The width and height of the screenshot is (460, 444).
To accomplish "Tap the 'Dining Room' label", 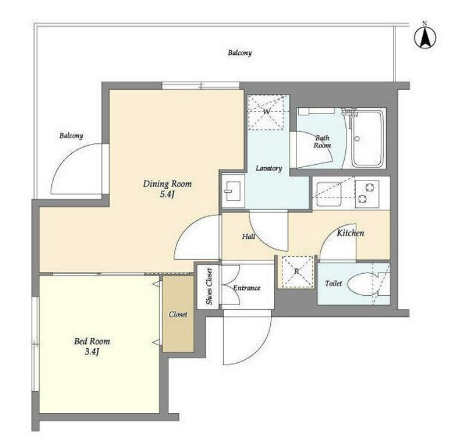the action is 167,184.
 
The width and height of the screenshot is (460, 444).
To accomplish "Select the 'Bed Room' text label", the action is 92,342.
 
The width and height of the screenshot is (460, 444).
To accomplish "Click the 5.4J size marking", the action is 167,195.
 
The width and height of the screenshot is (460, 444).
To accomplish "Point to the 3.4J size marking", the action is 92,351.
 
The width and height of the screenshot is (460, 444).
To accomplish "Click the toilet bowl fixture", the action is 363,284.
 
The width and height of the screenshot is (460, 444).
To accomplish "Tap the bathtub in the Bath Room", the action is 368,138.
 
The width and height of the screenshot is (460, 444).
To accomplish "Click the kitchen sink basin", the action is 329,194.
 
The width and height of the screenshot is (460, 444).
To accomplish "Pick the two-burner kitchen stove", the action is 367,194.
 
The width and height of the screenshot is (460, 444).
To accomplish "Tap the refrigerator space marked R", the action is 297,271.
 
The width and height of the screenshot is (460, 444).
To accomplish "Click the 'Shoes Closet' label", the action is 209,286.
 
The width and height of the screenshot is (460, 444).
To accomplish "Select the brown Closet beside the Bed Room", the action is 178,314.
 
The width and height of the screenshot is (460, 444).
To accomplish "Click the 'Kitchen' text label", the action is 350,233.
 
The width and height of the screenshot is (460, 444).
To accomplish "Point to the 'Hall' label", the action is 248,237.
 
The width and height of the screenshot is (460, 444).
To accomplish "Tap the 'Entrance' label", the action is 246,288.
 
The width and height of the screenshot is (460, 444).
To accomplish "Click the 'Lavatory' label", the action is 268,168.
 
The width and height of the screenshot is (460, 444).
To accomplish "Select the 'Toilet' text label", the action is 333,283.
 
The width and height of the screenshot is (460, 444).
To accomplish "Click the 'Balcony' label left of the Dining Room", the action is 71,136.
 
